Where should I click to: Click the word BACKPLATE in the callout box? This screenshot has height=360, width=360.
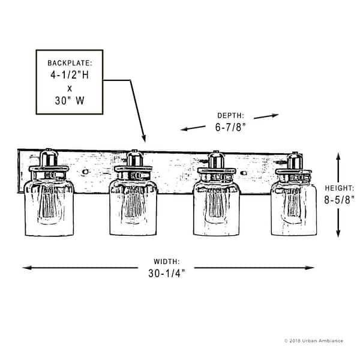(x=70, y=62)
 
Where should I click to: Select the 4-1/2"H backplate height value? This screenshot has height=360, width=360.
(x=70, y=76)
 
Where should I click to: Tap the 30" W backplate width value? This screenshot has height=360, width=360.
(x=70, y=101)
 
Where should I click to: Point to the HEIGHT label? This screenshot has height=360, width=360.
(x=339, y=187)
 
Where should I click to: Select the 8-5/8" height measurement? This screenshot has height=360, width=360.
(x=339, y=200)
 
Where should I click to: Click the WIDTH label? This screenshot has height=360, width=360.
(x=166, y=262)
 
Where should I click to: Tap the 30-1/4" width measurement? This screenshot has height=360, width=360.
(x=166, y=273)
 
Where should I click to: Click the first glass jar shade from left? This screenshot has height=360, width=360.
(x=49, y=207)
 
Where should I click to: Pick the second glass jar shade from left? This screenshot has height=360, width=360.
(x=133, y=207)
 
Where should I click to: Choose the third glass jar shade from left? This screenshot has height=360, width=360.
(x=216, y=207)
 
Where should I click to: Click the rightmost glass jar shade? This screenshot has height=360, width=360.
(x=293, y=207)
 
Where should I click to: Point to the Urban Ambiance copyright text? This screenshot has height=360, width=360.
(x=313, y=341)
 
